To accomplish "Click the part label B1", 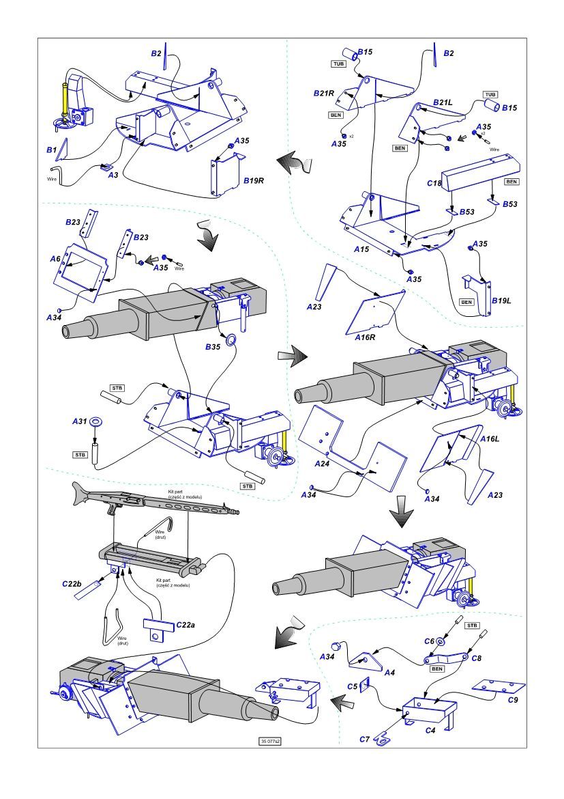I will click(50, 148).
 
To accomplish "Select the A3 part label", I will click(113, 175).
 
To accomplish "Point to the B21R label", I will click(324, 94).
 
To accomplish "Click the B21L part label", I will click(442, 102).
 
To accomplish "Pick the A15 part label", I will click(361, 250).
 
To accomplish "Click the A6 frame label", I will click(56, 260).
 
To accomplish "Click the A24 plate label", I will click(321, 464).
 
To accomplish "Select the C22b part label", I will click(72, 583).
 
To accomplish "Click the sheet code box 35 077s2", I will click(270, 741).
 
